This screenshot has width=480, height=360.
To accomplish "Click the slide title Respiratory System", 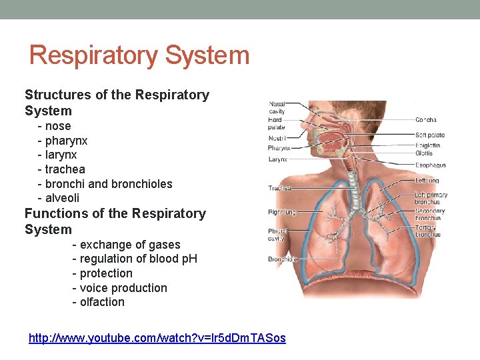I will tap(139, 55).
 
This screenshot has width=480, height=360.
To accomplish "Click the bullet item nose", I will tap(58, 126).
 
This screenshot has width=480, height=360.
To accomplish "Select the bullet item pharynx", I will tap(66, 141).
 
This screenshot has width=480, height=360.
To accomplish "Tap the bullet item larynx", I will tap(61, 155).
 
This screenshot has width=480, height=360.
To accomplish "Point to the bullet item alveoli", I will tap(62, 198).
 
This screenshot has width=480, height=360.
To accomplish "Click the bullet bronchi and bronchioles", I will tap(109, 183).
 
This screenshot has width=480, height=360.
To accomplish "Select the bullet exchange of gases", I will tap(130, 245).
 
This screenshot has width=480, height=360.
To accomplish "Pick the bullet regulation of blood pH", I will tap(138, 259).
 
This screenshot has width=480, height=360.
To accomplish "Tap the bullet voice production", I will tap(123, 288).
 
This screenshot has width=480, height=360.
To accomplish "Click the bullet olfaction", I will tap(102, 302).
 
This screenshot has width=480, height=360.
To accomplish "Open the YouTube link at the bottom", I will tap(157, 338).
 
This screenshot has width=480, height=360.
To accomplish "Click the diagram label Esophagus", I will tap(430, 165).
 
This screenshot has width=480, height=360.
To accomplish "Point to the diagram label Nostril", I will tap(277, 139).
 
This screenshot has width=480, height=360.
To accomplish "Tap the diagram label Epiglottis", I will tap(428, 145).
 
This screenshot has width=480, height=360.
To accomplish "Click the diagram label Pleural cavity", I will tap(277, 234).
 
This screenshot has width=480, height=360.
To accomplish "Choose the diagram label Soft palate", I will tap(430, 135).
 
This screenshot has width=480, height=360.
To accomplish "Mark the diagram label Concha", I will tap(426, 120).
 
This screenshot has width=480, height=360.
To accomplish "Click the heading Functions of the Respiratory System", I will tap(115, 221).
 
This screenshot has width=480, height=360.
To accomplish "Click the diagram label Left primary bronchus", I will tap(431, 198).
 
